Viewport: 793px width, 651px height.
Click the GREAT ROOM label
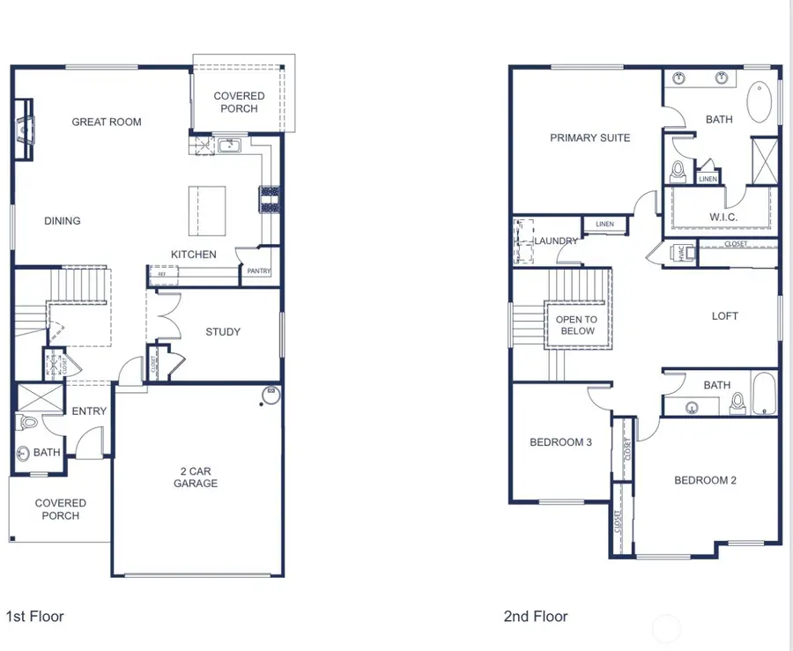107,122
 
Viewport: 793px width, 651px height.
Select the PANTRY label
259,271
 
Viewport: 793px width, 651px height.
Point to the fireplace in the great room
25,129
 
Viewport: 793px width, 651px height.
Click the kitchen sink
231,144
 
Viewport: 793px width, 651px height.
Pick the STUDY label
223,332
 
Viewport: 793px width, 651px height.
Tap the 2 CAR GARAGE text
195,477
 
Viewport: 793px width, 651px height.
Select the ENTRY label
89,411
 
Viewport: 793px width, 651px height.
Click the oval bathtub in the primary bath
760,103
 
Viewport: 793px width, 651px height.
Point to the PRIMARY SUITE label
589,137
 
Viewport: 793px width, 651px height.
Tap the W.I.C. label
723,217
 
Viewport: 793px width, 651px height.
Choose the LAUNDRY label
556,240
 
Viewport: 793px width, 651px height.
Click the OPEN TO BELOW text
576,325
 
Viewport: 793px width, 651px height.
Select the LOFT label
724,316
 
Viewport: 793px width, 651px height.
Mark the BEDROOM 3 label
560,442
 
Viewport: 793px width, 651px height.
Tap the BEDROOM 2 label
705,480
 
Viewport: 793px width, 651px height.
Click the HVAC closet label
681,253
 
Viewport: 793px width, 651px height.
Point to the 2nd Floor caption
536,617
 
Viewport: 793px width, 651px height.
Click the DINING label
63,221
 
